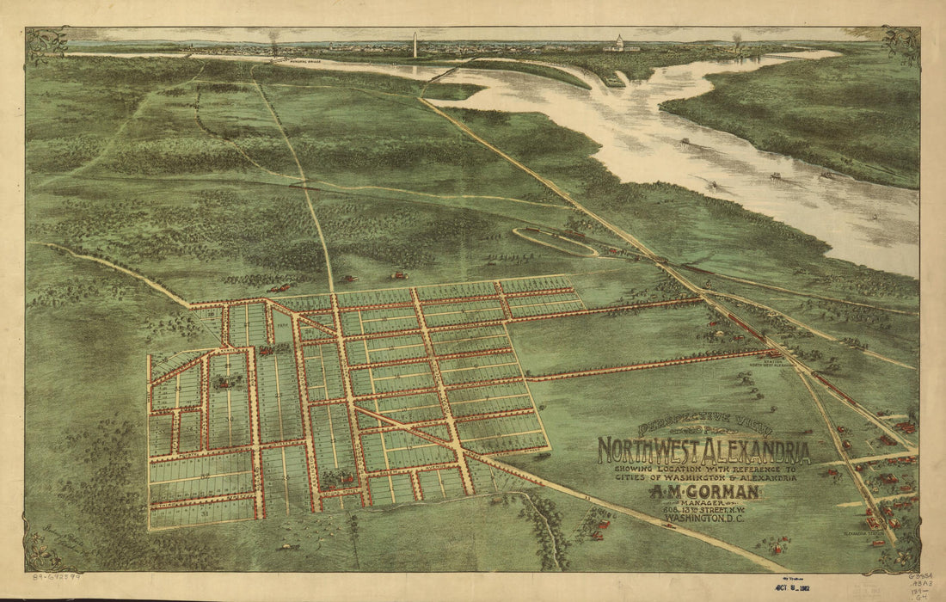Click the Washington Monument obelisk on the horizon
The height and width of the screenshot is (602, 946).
(x=415, y=46)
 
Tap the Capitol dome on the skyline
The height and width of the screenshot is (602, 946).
(x=621, y=42)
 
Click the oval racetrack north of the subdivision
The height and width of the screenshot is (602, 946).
(x=556, y=242)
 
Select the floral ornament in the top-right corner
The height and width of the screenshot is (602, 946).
(x=901, y=44)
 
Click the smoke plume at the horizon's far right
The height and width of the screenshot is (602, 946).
(x=737, y=40)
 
